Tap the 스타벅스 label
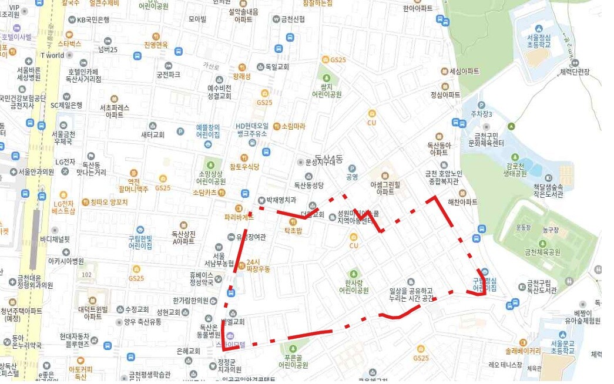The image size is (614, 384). click(x=69, y=43)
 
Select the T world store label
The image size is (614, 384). click(x=52, y=55)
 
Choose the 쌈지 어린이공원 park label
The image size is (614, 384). click(x=327, y=90)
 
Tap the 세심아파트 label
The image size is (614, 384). click(x=464, y=71)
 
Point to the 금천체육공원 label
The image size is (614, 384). click(x=542, y=252)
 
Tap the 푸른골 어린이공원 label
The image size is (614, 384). click(x=294, y=361)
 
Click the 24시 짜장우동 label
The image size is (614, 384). click(x=259, y=265)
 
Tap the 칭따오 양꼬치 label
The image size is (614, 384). click(x=109, y=202)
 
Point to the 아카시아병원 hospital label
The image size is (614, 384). click(x=66, y=261)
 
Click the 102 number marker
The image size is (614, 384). click(x=87, y=274)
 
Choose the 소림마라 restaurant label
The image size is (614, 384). click(x=293, y=126)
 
